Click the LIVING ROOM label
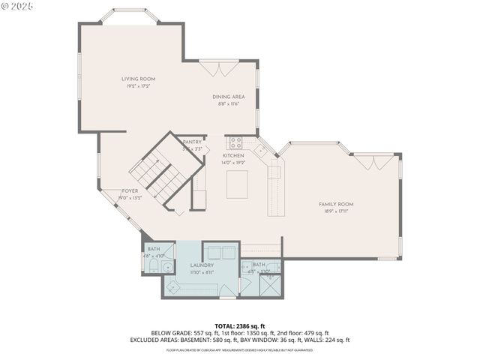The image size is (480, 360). [138, 79]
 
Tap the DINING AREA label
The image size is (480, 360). [228, 97]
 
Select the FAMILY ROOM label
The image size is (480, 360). [336, 204]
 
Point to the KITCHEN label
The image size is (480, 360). [233, 155]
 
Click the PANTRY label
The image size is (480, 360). [192, 142]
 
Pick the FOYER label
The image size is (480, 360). [130, 191]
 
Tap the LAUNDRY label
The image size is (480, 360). [202, 265]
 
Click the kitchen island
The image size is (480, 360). [237, 184]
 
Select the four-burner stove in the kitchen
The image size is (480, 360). [235, 141]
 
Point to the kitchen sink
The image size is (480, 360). [261, 150]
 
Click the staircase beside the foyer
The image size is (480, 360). [161, 175]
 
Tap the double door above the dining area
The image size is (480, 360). [218, 69]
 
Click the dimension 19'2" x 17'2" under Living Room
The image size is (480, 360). [138, 86]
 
